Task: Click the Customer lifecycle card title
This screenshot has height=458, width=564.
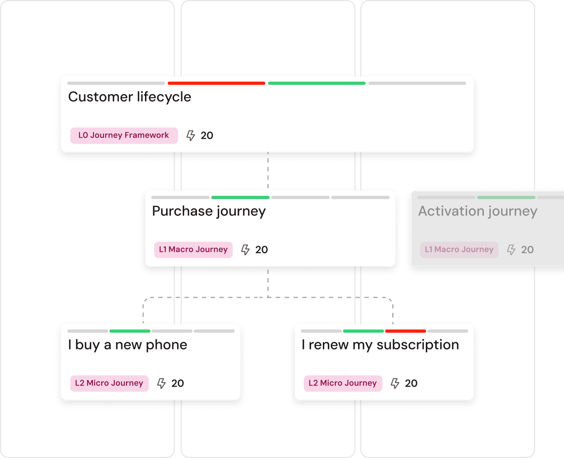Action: [x=129, y=97]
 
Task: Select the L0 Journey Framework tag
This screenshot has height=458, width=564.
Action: [x=124, y=135]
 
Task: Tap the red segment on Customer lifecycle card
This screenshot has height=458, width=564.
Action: [x=216, y=83]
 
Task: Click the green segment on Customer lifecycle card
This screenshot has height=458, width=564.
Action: [x=316, y=83]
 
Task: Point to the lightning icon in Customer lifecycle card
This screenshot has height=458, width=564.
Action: [x=191, y=135]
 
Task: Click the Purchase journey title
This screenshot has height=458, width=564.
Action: [x=209, y=211]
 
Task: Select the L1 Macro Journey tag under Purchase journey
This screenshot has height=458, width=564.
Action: [x=193, y=250]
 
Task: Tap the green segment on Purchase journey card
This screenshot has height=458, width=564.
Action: [x=240, y=197]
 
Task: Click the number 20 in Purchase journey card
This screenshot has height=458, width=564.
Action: [x=261, y=250]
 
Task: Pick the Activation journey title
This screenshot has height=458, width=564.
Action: [x=477, y=211]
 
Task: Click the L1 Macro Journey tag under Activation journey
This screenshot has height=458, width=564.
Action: [x=459, y=250]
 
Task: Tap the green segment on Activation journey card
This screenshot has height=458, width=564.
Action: [x=506, y=197]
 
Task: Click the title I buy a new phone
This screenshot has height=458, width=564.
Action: [x=128, y=345]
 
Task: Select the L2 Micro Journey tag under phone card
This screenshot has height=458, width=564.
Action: [x=109, y=383]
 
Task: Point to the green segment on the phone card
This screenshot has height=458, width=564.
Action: [x=130, y=331]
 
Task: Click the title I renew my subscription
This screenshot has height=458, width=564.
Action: [x=380, y=345]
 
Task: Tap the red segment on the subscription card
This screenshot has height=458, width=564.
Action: [x=405, y=331]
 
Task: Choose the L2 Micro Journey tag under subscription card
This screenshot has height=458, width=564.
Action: [x=343, y=383]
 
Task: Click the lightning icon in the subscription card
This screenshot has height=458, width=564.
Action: [x=395, y=383]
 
